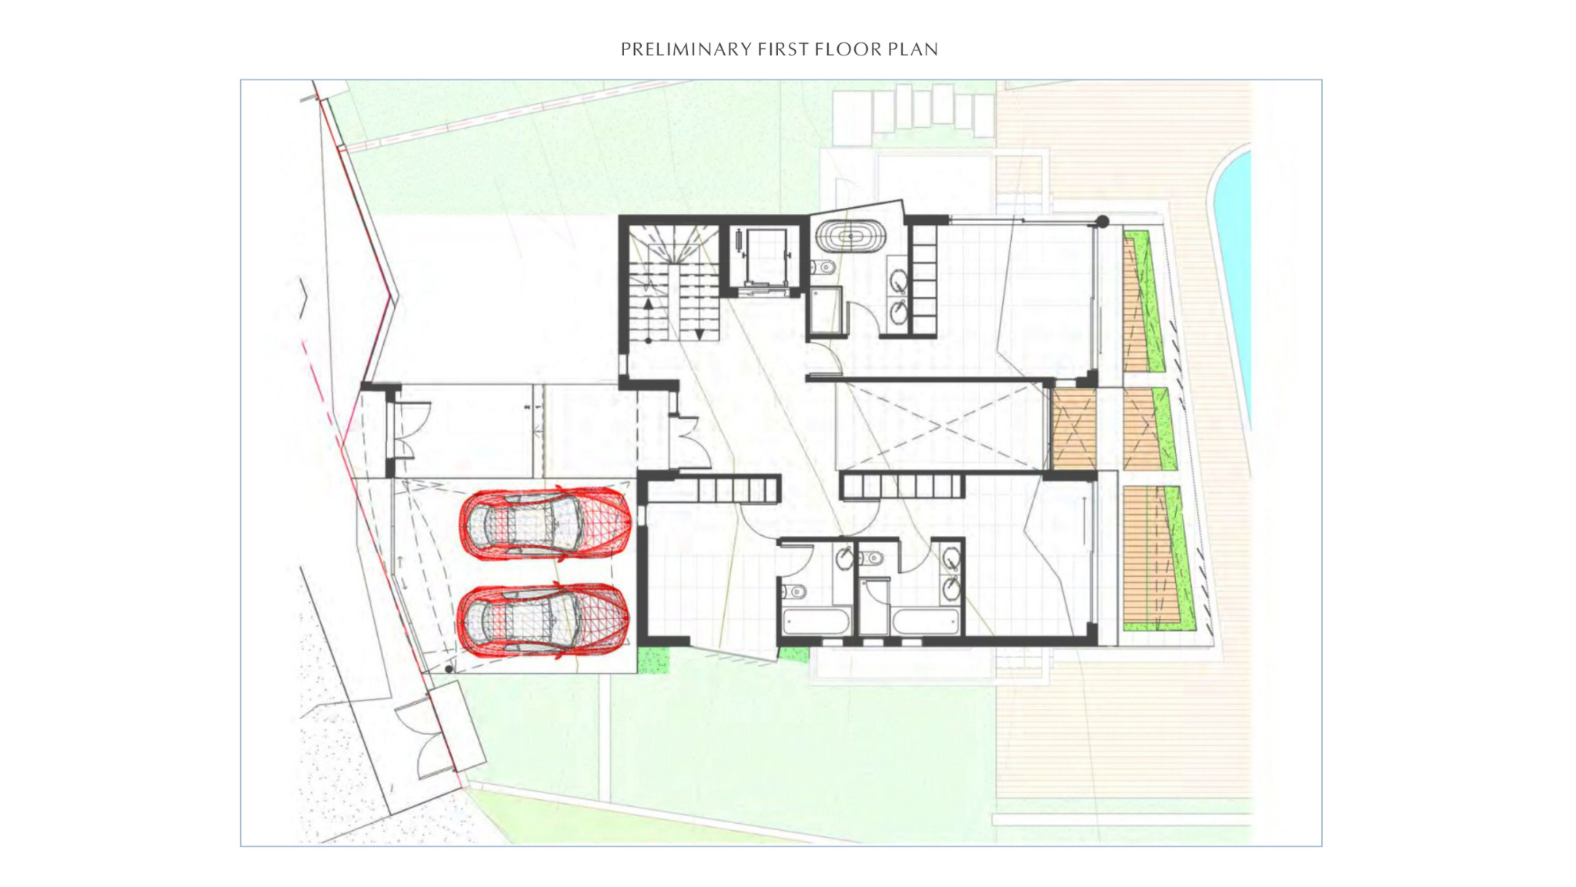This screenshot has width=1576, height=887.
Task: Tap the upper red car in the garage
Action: coord(546,523)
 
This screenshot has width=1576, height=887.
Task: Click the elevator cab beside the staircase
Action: coord(760,257)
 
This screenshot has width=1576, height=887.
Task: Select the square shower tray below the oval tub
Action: coord(826,311)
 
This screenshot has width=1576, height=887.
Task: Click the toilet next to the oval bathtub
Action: coord(823,268)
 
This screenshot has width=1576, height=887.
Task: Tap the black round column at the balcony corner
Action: coord(1102,222)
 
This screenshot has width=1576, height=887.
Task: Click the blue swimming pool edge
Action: coord(1231,285)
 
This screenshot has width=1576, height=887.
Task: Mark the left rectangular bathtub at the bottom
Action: coord(816,621)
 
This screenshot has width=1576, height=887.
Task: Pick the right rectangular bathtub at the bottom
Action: coord(926,621)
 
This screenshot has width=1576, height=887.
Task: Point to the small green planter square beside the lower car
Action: coord(653,660)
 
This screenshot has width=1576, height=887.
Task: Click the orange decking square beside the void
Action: coord(1073,429)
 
